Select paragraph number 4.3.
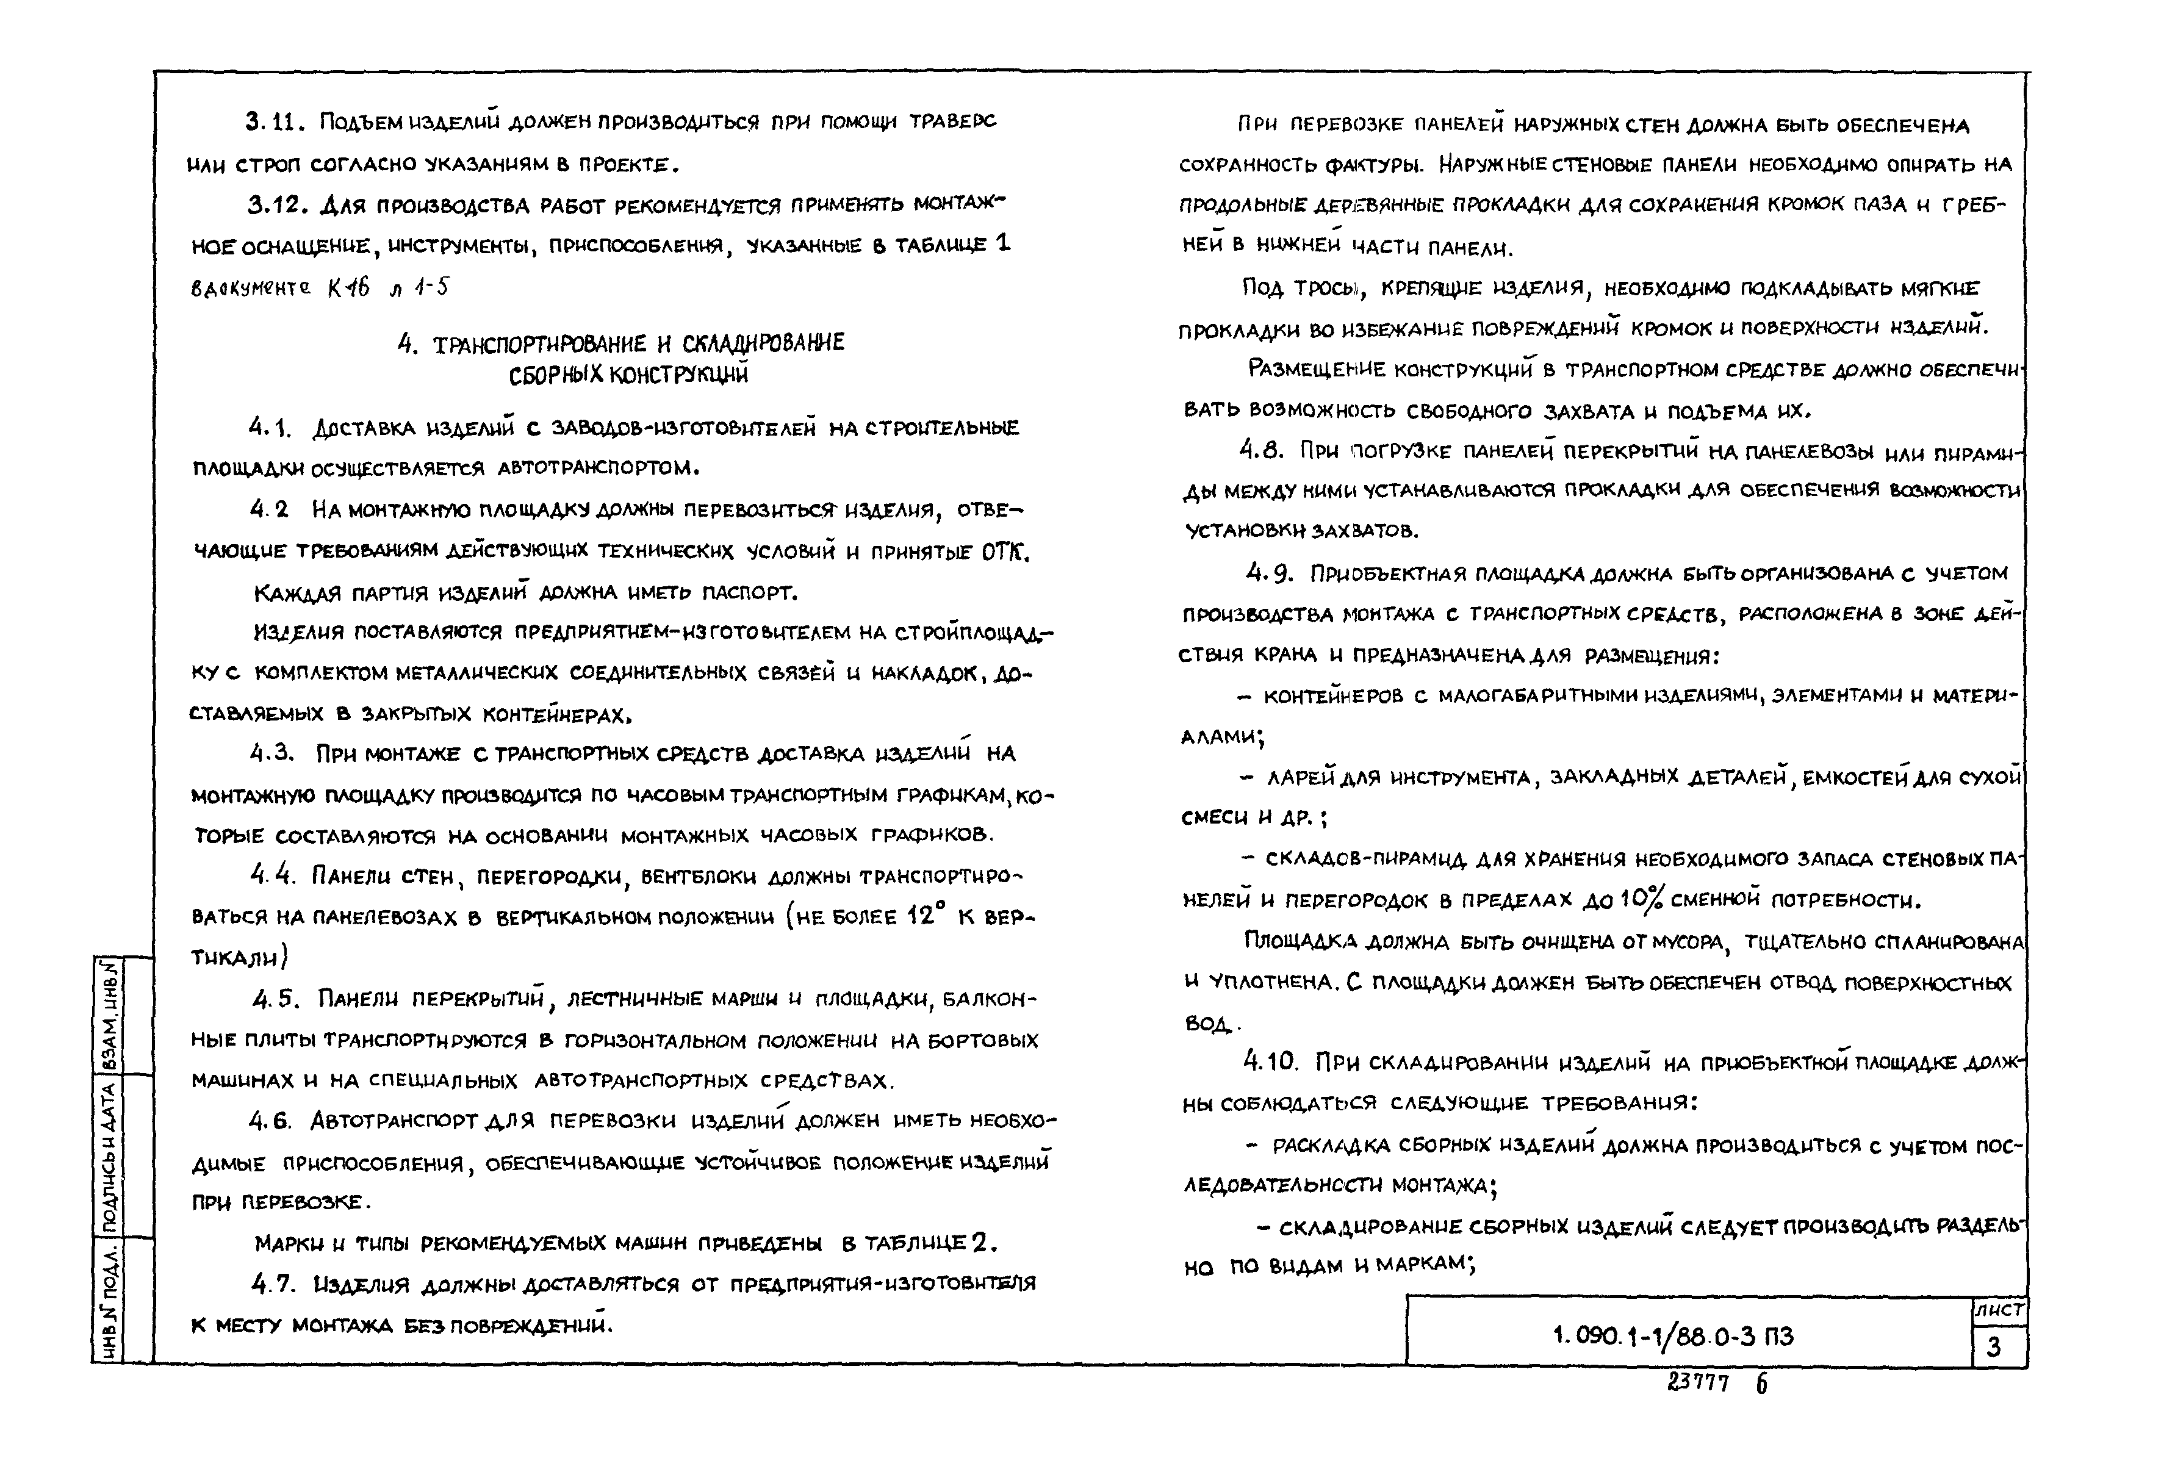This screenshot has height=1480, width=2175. point(271,753)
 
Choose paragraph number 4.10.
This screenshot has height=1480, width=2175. point(1270,1062)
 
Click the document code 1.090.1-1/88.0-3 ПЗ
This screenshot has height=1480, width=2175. point(1672,1336)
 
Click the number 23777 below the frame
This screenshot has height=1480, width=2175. point(1698,1382)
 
